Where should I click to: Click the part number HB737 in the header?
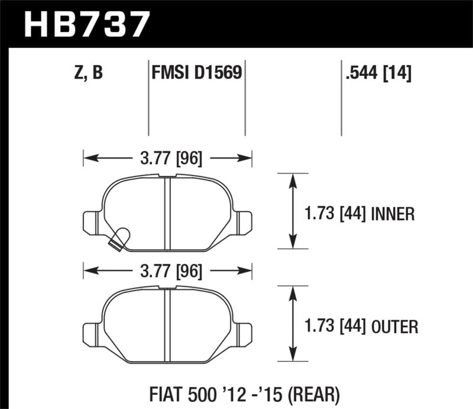click(x=84, y=25)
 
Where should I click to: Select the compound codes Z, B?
click(x=87, y=73)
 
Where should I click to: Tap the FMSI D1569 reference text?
click(x=196, y=73)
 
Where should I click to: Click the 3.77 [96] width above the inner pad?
click(x=168, y=159)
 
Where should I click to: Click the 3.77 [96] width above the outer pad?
click(x=168, y=271)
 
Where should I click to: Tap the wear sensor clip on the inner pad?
click(x=119, y=239)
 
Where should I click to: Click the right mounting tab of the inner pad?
click(x=244, y=222)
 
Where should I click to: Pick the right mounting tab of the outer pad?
click(x=244, y=334)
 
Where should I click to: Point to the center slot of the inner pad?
click(x=167, y=210)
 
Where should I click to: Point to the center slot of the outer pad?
click(x=167, y=323)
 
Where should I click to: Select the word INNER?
click(x=393, y=213)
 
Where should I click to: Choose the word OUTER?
click(x=396, y=326)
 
